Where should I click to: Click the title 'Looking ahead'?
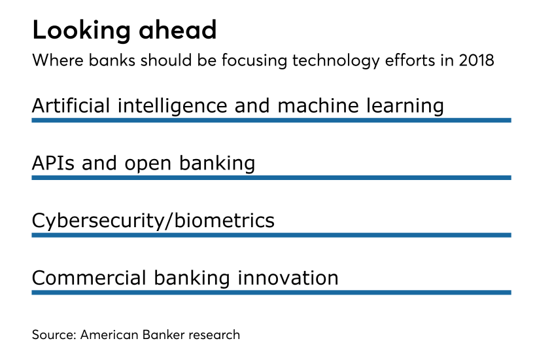click(124, 31)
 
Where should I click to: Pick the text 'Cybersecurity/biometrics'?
click(153, 221)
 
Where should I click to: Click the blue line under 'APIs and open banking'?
click(271, 177)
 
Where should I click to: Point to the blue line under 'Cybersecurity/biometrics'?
click(271, 235)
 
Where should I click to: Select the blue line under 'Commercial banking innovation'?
click(271, 292)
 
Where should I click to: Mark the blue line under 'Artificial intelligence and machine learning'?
click(271, 120)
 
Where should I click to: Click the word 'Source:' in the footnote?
click(54, 335)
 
